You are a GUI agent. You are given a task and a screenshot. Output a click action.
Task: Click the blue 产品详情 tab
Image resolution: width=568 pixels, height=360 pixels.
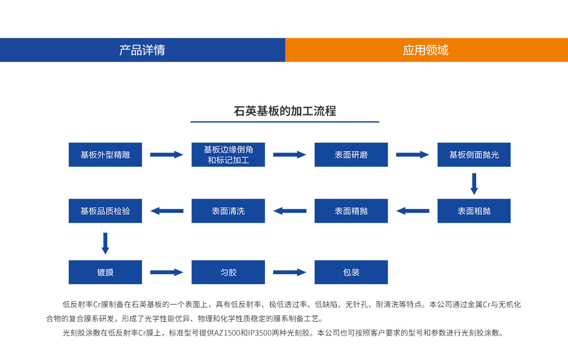pos(142,50)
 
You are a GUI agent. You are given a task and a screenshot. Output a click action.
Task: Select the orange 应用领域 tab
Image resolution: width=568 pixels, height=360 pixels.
pos(426,50)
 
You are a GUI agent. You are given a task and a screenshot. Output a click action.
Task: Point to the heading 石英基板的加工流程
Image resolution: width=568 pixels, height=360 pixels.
pos(285,111)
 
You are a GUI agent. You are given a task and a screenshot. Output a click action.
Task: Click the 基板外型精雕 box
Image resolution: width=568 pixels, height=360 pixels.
pos(105,154)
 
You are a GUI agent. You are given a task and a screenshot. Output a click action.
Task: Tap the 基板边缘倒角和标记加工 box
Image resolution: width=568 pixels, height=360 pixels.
pos(228,154)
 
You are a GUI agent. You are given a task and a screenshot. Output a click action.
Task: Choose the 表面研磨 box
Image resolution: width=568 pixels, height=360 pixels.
pos(351,154)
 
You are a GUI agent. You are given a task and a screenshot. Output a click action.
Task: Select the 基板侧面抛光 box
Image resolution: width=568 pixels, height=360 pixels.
pos(474,154)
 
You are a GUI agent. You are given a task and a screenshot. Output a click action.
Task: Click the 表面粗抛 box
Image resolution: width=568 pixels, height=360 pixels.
pos(474,211)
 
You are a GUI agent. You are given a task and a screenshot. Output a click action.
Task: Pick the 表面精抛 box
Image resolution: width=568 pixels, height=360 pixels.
pos(351,211)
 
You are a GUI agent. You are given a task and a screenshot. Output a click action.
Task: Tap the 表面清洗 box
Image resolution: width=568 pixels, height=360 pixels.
pos(228,211)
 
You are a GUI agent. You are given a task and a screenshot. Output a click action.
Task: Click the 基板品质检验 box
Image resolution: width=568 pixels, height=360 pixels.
pos(105,211)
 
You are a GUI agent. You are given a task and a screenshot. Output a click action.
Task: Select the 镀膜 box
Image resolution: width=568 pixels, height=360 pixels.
pos(105,272)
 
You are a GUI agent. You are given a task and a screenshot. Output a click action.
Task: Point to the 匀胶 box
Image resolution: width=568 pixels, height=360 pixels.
pos(228,272)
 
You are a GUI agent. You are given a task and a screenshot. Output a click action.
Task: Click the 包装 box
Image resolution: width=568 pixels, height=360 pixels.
pos(351,272)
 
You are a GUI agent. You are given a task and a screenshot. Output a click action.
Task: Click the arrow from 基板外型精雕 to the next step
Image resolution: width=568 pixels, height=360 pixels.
pos(166,154)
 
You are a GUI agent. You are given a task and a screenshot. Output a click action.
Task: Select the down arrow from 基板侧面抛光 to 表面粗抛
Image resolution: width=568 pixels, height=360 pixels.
pos(474,184)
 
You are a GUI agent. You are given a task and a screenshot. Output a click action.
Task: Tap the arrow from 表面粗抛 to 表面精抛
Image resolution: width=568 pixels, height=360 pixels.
pos(413,211)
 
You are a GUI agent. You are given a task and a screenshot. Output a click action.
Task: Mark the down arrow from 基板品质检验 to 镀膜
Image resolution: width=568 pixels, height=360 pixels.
pos(105,243)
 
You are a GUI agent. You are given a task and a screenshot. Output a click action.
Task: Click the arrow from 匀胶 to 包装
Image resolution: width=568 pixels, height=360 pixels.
pos(289,272)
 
